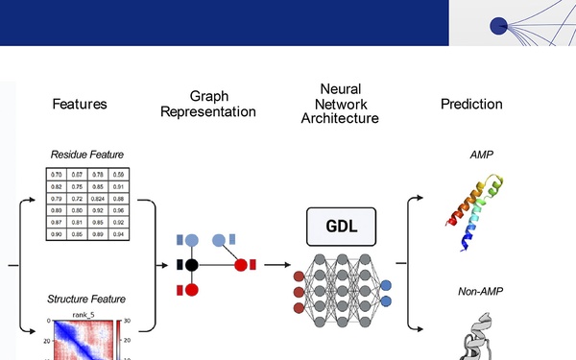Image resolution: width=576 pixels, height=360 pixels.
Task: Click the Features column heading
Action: [80, 104]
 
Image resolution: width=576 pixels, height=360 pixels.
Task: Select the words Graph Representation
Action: [208, 104]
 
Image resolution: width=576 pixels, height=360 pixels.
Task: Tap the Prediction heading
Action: [471, 104]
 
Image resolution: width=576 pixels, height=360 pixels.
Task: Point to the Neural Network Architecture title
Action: [340, 104]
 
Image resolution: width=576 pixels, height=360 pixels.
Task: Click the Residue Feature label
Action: [87, 155]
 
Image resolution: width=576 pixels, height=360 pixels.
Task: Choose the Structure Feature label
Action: [86, 299]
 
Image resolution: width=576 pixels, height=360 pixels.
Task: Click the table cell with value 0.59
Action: [118, 174]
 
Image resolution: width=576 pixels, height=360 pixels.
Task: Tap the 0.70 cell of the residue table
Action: [57, 174]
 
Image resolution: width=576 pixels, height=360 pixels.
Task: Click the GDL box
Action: [340, 228]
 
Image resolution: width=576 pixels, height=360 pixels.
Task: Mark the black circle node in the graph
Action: [192, 264]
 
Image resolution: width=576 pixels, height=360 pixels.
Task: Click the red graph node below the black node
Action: [192, 289]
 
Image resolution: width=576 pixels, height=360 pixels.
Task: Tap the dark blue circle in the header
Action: [498, 27]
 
